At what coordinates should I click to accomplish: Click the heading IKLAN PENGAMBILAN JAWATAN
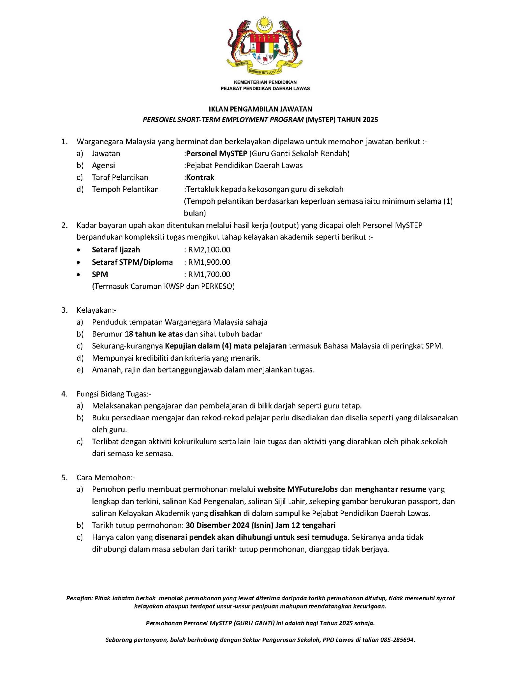tap(260, 109)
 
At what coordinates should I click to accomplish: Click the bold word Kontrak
tap(200, 177)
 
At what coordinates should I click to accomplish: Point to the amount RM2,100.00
tap(209, 250)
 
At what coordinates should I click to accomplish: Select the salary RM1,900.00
tap(209, 262)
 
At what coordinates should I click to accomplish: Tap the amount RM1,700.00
tap(209, 274)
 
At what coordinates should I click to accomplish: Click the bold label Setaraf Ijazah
tap(116, 250)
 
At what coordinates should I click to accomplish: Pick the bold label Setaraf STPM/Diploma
tap(132, 262)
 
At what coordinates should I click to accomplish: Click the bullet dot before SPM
tap(78, 274)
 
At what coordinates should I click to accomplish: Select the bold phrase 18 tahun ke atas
tap(154, 334)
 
